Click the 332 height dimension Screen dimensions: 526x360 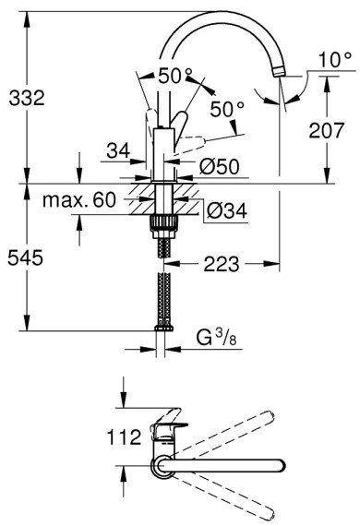pyautogui.click(x=26, y=96)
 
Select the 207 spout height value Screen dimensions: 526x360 pyautogui.click(x=329, y=133)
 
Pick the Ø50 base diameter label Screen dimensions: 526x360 pyautogui.click(x=221, y=168)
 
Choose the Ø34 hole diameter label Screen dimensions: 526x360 pyautogui.click(x=222, y=211)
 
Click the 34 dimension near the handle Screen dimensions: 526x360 pyautogui.click(x=117, y=149)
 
